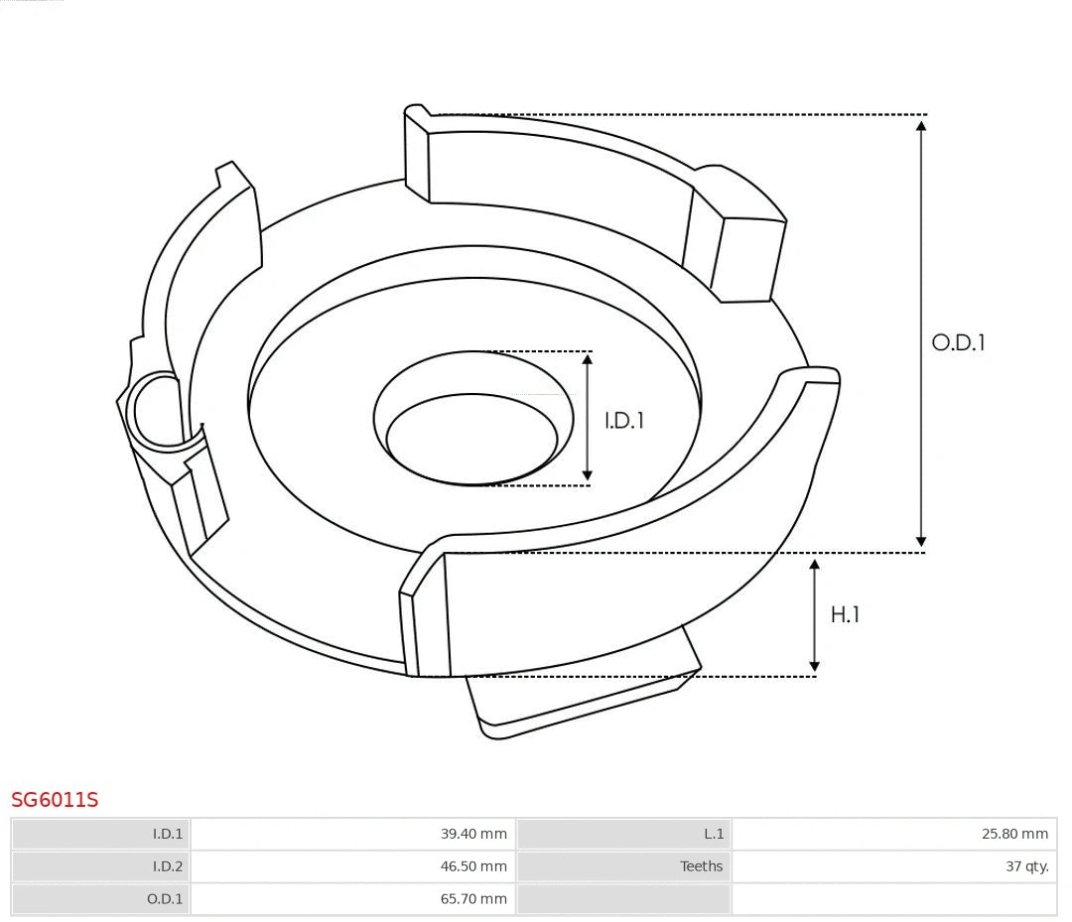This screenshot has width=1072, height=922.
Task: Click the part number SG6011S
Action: [x=55, y=799]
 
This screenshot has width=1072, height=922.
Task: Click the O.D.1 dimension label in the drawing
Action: [x=958, y=343]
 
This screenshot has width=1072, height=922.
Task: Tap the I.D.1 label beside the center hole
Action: [x=624, y=421]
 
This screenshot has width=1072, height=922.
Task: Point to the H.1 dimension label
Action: [x=845, y=615]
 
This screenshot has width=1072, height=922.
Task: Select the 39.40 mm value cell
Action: [x=473, y=834]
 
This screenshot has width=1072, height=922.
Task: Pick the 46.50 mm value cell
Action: [x=473, y=866]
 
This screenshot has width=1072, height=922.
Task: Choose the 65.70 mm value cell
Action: [x=473, y=899]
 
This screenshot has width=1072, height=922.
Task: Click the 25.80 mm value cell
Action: [x=1014, y=834]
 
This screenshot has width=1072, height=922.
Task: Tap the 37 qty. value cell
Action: [x=1026, y=866]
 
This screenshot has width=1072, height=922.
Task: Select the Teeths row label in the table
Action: [x=701, y=866]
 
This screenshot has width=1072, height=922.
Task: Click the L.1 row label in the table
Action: [x=713, y=834]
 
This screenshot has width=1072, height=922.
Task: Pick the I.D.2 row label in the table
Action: [x=167, y=866]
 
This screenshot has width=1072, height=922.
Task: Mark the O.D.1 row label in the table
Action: [x=166, y=899]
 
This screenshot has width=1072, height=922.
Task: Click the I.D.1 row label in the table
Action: [x=167, y=834]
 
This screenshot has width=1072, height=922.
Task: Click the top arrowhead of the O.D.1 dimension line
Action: [x=921, y=125]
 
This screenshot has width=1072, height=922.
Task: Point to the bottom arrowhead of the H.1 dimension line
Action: [x=815, y=666]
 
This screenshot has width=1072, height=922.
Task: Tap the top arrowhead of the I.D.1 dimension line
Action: [x=588, y=360]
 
